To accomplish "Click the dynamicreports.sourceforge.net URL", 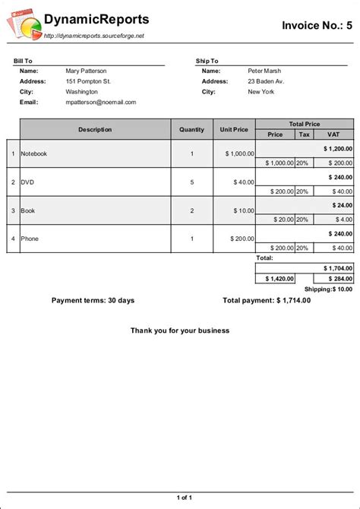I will click(93, 36).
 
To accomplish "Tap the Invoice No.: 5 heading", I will click(317, 25).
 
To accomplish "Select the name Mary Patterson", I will click(86, 71).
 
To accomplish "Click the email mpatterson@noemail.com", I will click(101, 102).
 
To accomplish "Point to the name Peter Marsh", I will click(266, 71).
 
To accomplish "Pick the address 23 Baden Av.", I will click(266, 81).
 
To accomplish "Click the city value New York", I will click(262, 92).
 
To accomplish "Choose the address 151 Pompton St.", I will click(88, 81).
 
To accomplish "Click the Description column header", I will click(95, 129).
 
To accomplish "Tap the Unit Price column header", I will click(234, 129).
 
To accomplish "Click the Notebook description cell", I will click(34, 153).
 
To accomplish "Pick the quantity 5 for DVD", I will click(191, 182).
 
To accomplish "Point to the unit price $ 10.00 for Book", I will click(242, 210).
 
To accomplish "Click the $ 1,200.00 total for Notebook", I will click(337, 149).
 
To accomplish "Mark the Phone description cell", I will click(30, 239).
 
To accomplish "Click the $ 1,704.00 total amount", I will click(337, 268).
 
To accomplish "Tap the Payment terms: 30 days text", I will click(93, 300).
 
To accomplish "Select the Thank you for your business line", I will click(180, 330).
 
